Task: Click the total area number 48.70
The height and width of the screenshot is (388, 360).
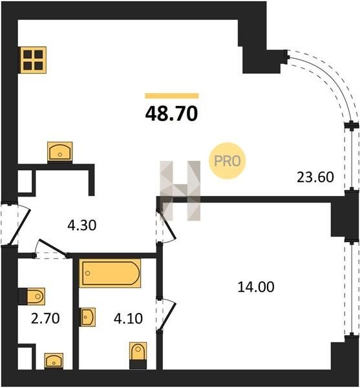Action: pyautogui.click(x=171, y=114)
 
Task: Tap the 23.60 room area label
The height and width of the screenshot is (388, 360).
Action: pyautogui.click(x=315, y=177)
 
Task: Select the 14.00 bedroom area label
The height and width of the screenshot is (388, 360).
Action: pyautogui.click(x=256, y=287)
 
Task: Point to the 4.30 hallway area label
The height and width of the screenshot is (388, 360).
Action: pyautogui.click(x=82, y=226)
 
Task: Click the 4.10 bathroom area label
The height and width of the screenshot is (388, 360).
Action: pyautogui.click(x=128, y=318)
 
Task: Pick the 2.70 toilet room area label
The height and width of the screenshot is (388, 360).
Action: pyautogui.click(x=45, y=318)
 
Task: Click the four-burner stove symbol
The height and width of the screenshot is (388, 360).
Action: pyautogui.click(x=33, y=60)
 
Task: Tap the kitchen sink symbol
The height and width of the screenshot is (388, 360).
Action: pyautogui.click(x=60, y=151)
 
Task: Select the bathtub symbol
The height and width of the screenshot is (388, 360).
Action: pyautogui.click(x=110, y=273)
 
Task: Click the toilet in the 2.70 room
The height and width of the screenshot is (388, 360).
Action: pyautogui.click(x=32, y=296)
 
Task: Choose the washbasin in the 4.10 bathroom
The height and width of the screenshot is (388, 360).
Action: pyautogui.click(x=87, y=317)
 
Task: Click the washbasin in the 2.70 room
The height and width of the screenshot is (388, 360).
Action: pyautogui.click(x=54, y=361)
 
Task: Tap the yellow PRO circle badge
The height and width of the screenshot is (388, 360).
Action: pyautogui.click(x=228, y=161)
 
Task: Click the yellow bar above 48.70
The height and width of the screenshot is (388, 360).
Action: pyautogui.click(x=172, y=96)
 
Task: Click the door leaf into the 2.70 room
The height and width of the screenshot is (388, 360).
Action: pyautogui.click(x=53, y=247)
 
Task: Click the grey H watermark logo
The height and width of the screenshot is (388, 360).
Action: pyautogui.click(x=180, y=191)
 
